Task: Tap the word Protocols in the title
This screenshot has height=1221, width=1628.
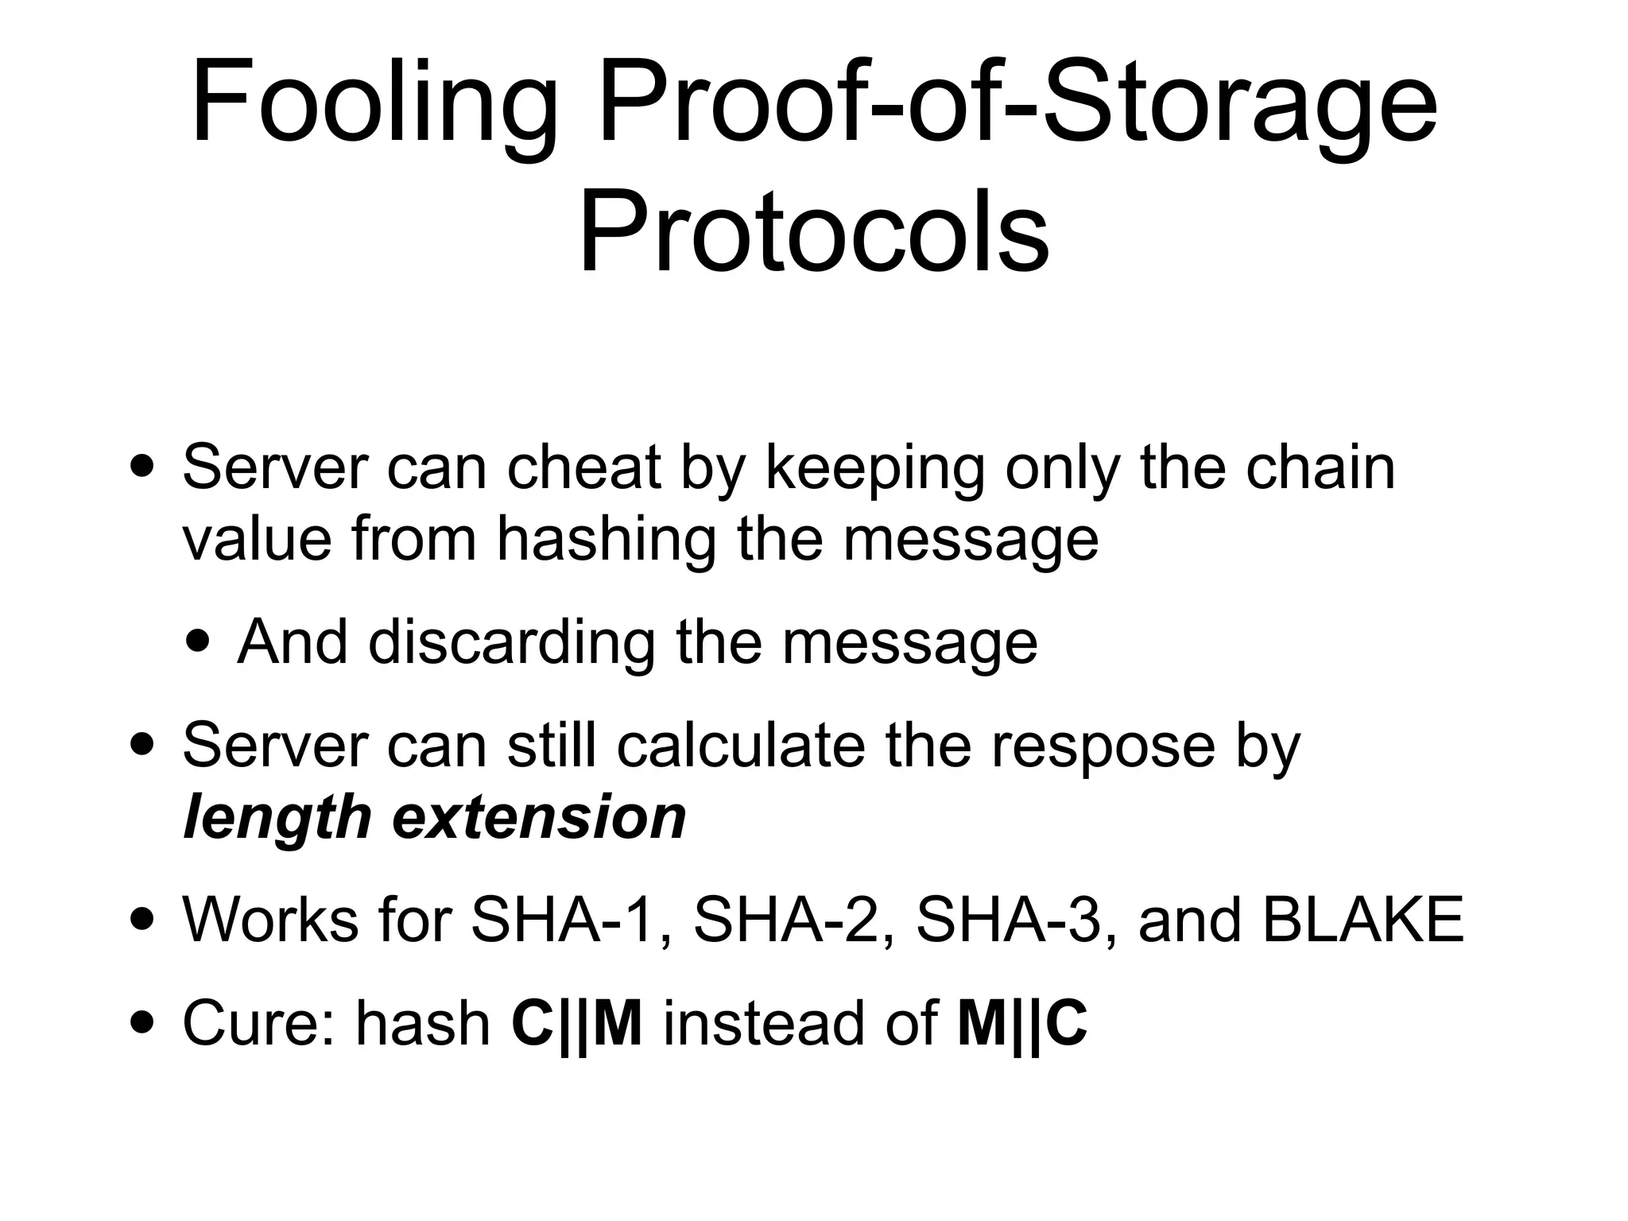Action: pyautogui.click(x=813, y=231)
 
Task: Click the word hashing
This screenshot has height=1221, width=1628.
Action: pyautogui.click(x=606, y=541)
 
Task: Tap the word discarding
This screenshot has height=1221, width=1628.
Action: pyautogui.click(x=511, y=642)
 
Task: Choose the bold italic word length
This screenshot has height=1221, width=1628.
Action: pyautogui.click(x=277, y=819)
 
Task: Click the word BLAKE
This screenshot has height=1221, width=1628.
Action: pyautogui.click(x=1362, y=920)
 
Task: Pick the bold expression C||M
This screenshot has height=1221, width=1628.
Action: pyautogui.click(x=577, y=1023)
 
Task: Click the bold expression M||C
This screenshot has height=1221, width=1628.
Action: pyautogui.click(x=1022, y=1023)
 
